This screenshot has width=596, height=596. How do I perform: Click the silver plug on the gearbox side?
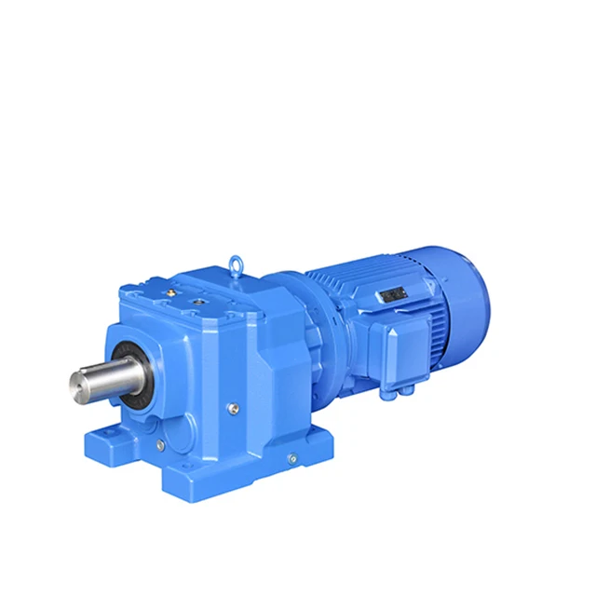pyautogui.click(x=233, y=406)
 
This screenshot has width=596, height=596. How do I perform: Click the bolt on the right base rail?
pyautogui.click(x=291, y=458)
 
